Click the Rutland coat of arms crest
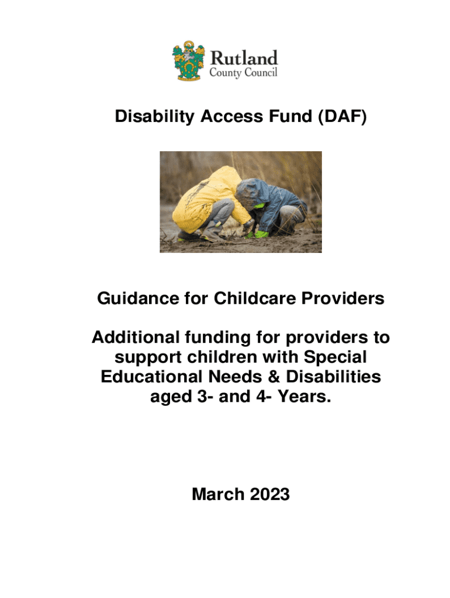click(x=188, y=60)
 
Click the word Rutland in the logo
click(x=244, y=58)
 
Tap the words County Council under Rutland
click(x=243, y=73)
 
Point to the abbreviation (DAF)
click(x=342, y=116)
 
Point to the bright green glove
click(x=261, y=234)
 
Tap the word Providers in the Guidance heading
click(x=342, y=298)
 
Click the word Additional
click(x=136, y=337)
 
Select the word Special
click(x=335, y=357)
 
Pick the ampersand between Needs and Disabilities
click(x=274, y=377)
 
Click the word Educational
click(x=152, y=377)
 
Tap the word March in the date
click(x=218, y=494)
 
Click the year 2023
click(x=270, y=494)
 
